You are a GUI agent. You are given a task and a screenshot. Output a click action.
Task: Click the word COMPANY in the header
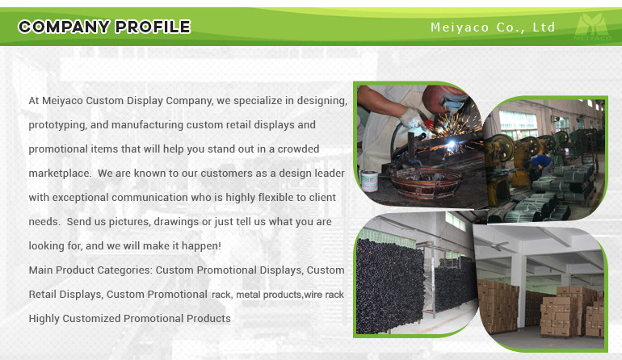coord(64,27)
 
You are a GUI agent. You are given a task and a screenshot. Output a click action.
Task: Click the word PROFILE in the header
coord(153,27)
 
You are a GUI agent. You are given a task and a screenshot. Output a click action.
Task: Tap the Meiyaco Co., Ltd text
coord(493,27)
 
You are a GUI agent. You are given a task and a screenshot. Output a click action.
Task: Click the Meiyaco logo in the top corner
coord(593,27)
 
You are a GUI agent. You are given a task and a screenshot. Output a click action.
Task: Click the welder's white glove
coord(412,119)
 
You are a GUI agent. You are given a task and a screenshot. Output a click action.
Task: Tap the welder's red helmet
coord(444,99)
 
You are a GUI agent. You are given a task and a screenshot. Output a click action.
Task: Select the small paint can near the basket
coord(369,181)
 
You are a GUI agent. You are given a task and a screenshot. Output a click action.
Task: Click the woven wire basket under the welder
coord(426,183)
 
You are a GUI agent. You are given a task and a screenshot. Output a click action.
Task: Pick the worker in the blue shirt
coord(541,161)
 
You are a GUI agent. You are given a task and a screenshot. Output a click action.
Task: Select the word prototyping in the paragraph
coord(57,125)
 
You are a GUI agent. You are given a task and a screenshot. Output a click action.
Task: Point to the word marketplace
coord(60,174)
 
